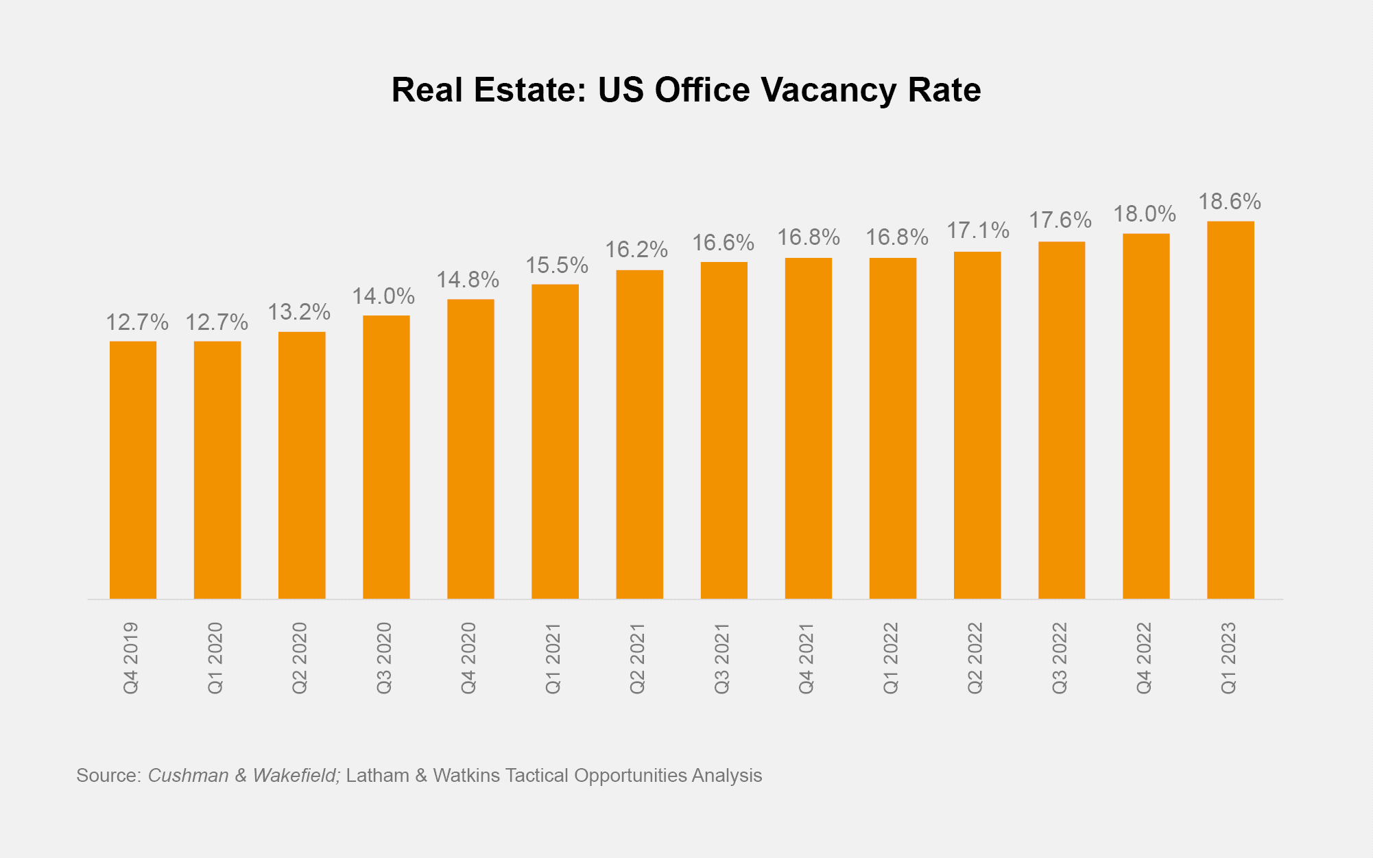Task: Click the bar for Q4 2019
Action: tap(133, 470)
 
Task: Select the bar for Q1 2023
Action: tap(1230, 409)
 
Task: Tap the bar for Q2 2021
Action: tap(639, 434)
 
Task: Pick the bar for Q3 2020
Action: tap(386, 457)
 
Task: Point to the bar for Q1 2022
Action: tap(892, 428)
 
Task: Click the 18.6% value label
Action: tap(1229, 202)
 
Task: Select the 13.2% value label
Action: tap(298, 312)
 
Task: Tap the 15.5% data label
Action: tap(556, 265)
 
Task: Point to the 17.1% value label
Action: tap(978, 230)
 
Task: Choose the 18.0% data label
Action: tap(1144, 214)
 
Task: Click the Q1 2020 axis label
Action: tap(215, 658)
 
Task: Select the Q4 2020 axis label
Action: tap(468, 658)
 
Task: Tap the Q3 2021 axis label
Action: tap(722, 658)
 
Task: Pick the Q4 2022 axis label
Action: tap(1144, 658)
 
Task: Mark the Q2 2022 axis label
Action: tap(975, 658)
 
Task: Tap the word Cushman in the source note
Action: tap(188, 776)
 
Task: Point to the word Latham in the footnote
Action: tap(377, 776)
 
